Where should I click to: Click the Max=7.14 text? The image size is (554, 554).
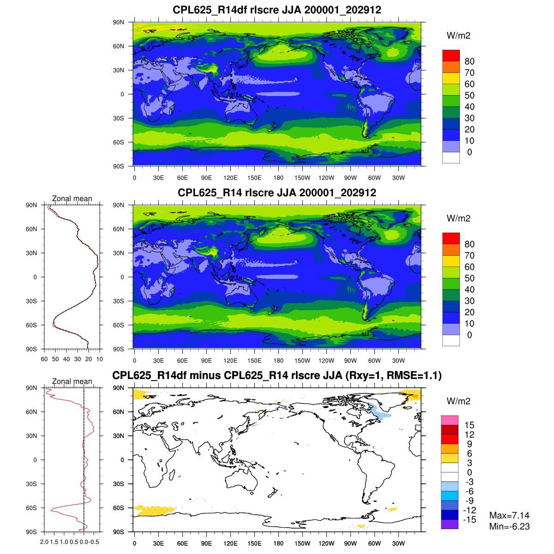coord(509,516)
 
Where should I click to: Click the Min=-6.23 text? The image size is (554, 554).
coord(509,526)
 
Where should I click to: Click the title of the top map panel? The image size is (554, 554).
coord(277,10)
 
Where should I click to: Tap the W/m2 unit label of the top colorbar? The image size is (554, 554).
coord(458,36)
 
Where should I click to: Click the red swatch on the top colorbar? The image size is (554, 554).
coord(451,55)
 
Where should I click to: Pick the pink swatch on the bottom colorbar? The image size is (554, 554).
coord(449,420)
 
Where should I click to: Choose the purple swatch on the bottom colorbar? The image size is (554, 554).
coord(449,524)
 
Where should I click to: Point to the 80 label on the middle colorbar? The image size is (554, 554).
coord(470,244)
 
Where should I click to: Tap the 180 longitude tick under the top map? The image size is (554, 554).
coord(278,178)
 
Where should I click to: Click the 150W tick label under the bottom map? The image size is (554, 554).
coord(302,543)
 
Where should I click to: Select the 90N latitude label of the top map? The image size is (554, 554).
coord(119,22)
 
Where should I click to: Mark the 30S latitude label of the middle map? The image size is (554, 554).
coord(119,301)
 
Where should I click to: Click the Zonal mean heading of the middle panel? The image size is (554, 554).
coord(72,199)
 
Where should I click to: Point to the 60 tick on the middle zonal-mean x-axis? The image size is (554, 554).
coord(44,359)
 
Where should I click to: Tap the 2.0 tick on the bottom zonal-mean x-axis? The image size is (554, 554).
coord(44,542)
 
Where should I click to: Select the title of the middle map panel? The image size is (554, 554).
coord(277,193)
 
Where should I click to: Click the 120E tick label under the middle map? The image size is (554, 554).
coord(230,361)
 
